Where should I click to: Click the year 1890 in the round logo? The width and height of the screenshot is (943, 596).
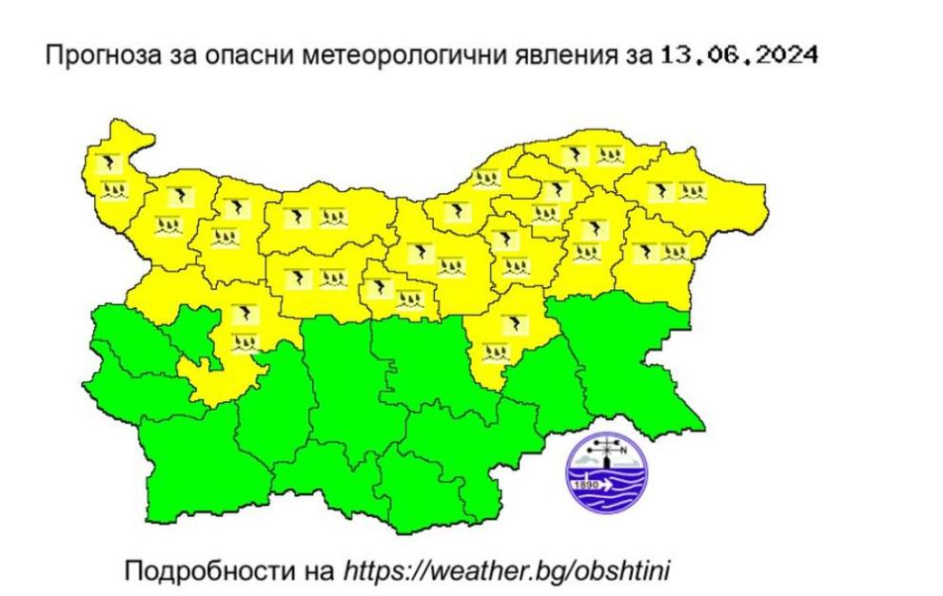pyautogui.click(x=583, y=483)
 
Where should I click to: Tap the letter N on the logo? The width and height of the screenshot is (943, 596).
pyautogui.click(x=623, y=451)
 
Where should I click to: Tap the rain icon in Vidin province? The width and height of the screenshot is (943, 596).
pyautogui.click(x=114, y=189)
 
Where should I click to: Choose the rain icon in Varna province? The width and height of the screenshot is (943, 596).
pyautogui.click(x=675, y=252)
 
